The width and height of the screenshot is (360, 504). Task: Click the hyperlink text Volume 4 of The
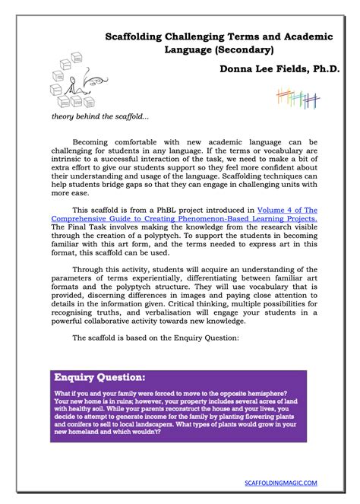pos(285,208)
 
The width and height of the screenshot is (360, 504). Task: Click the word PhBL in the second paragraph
pos(169,208)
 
